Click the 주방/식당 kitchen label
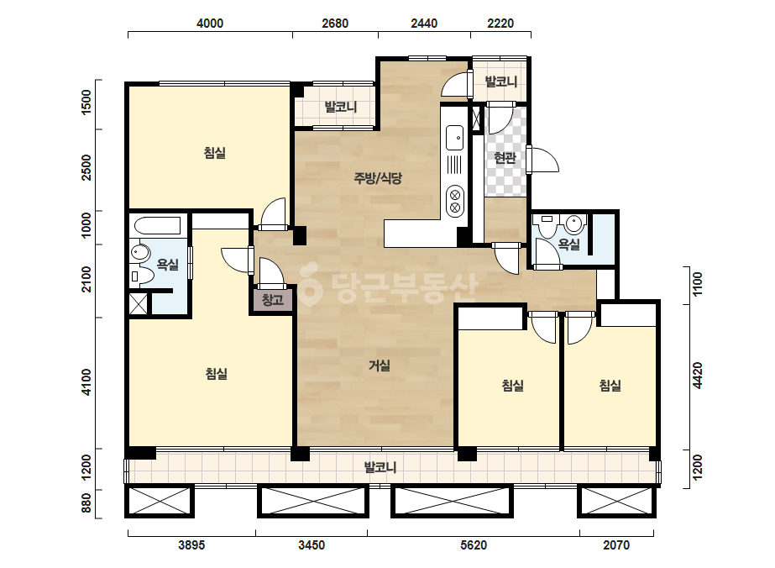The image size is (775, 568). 378,177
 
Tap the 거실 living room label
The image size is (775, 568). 380,366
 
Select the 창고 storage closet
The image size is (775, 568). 273,300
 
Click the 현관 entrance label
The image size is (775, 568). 505,158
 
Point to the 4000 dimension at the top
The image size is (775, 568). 210,24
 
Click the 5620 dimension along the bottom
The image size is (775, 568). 474,544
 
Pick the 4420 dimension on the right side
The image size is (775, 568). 698,376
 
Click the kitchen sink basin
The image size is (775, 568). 455,138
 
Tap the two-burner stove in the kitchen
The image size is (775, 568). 455,201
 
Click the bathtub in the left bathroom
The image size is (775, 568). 157,226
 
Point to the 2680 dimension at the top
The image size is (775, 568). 335,24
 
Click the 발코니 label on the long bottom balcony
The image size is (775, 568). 380,467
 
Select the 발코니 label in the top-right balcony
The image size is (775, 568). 500,82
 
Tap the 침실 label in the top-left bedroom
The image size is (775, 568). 215,153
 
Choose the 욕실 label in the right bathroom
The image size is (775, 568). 569,244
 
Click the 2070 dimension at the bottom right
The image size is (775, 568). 616,544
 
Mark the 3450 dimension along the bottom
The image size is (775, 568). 312,544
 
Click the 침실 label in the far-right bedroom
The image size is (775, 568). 610,386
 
